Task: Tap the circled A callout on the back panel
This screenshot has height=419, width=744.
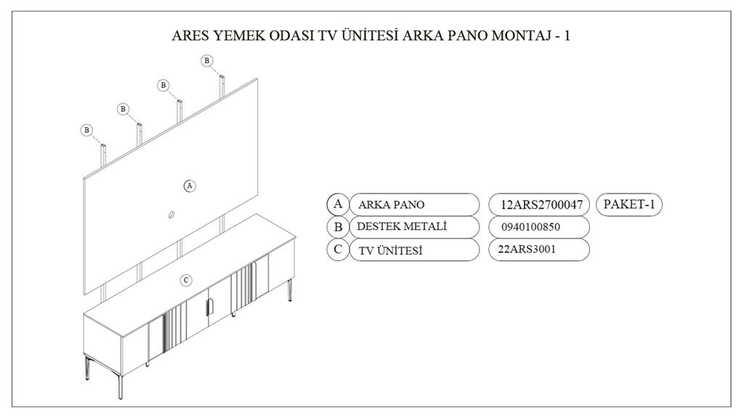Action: (x=190, y=185)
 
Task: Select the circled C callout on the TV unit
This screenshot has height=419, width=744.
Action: (x=186, y=280)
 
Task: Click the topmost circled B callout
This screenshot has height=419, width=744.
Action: (x=207, y=60)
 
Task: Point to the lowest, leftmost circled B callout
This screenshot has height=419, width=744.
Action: (x=87, y=130)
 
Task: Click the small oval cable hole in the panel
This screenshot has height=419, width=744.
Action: (x=171, y=214)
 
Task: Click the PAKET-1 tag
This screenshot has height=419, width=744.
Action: (x=629, y=204)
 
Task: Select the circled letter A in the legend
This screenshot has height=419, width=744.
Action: (x=338, y=204)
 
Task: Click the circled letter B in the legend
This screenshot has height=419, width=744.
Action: (x=338, y=227)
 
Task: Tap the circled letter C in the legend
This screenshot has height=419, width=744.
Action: (x=338, y=250)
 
